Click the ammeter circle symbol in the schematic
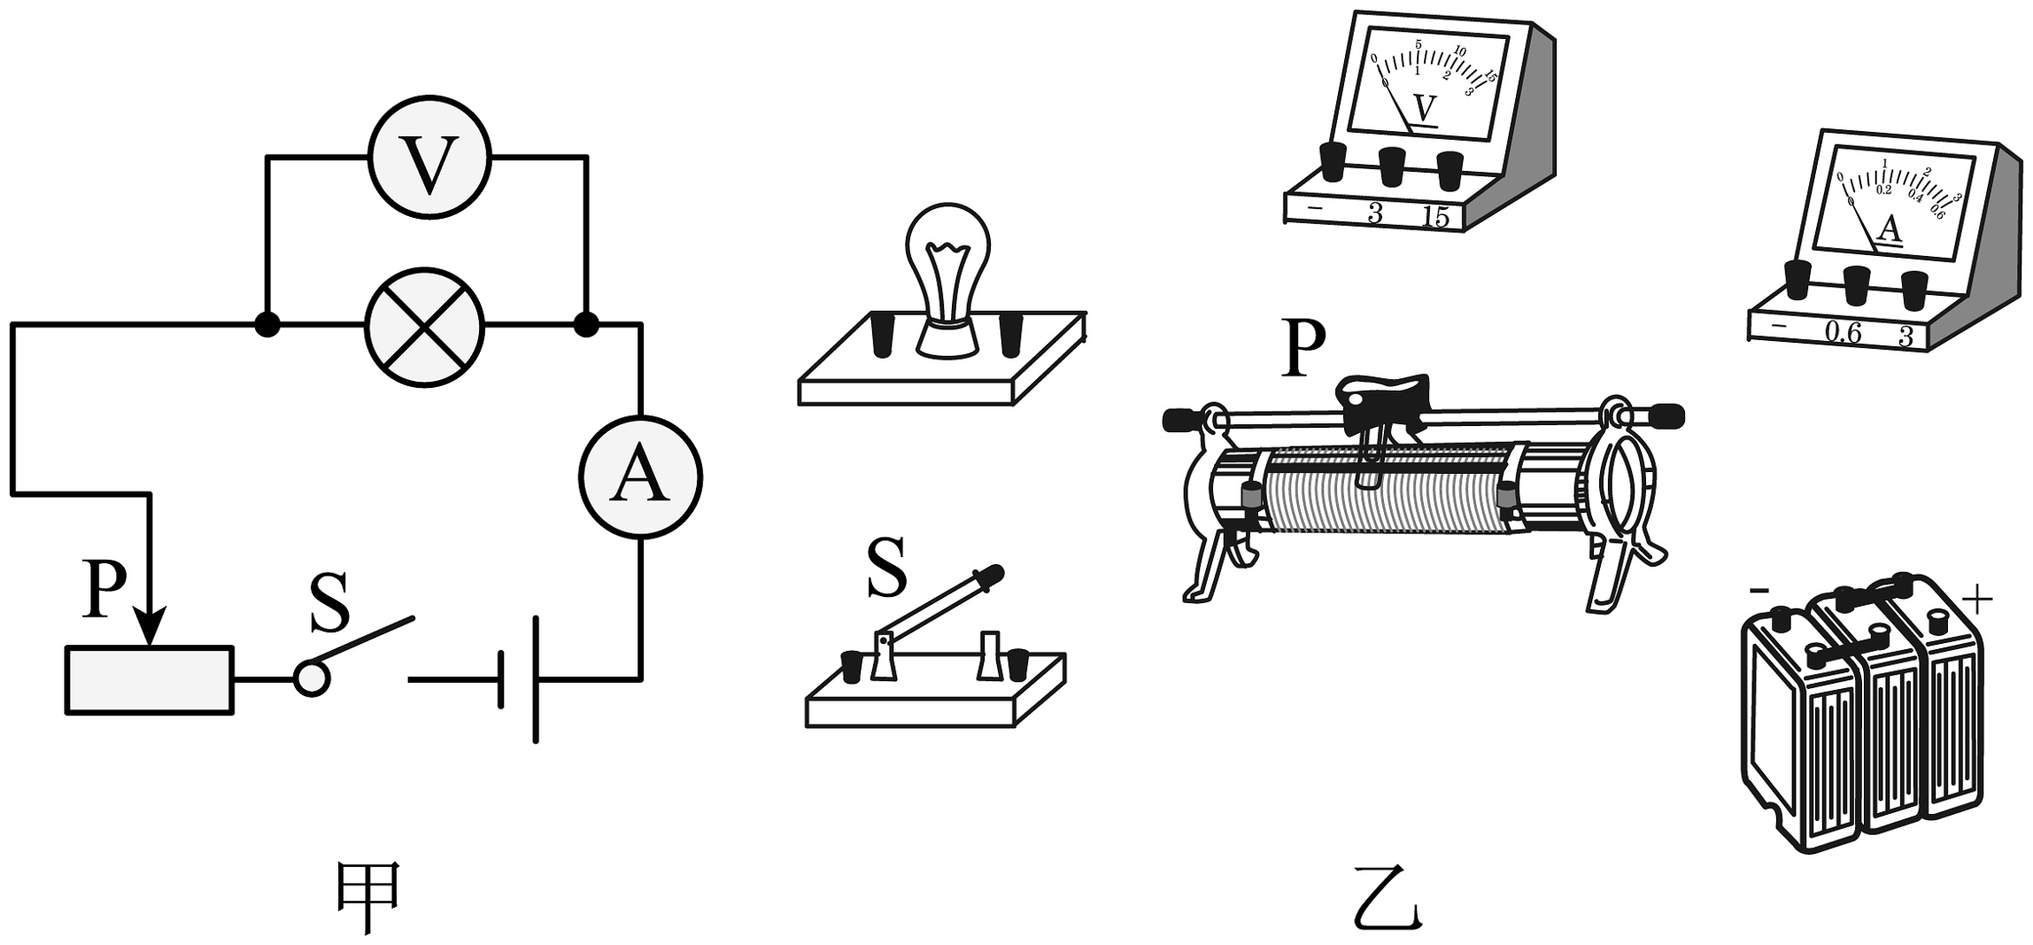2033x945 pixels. coord(640,476)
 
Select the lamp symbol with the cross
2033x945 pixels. coord(426,326)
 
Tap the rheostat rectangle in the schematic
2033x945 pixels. coord(150,680)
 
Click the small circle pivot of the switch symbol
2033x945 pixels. coord(311,679)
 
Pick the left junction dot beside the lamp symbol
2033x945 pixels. coord(267,325)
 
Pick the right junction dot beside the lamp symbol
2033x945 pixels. coord(586,325)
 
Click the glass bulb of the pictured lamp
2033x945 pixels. coord(947,257)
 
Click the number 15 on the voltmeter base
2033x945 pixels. coord(1434,217)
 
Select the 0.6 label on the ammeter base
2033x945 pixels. coord(1844,334)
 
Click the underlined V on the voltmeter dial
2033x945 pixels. coord(1424,109)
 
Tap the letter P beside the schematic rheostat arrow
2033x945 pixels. coord(103,588)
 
